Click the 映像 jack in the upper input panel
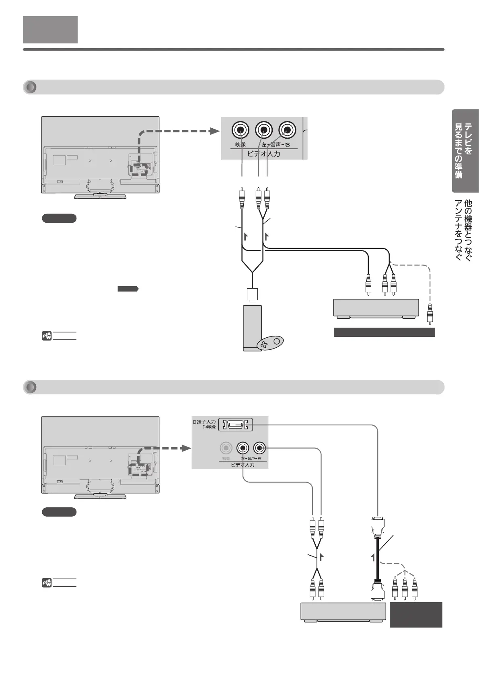(x=241, y=130)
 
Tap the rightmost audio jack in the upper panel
(x=287, y=130)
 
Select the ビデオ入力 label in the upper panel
(x=263, y=154)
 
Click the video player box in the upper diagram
(x=376, y=308)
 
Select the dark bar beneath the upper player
(x=384, y=332)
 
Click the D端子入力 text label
(x=204, y=422)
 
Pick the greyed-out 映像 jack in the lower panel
(x=226, y=447)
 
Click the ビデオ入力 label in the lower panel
(x=242, y=465)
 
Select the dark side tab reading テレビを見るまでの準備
(x=465, y=151)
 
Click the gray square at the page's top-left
(x=50, y=30)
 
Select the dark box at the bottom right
(x=415, y=614)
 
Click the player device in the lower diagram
(x=343, y=612)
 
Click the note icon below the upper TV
(x=46, y=336)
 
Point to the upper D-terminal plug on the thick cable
(x=378, y=525)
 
